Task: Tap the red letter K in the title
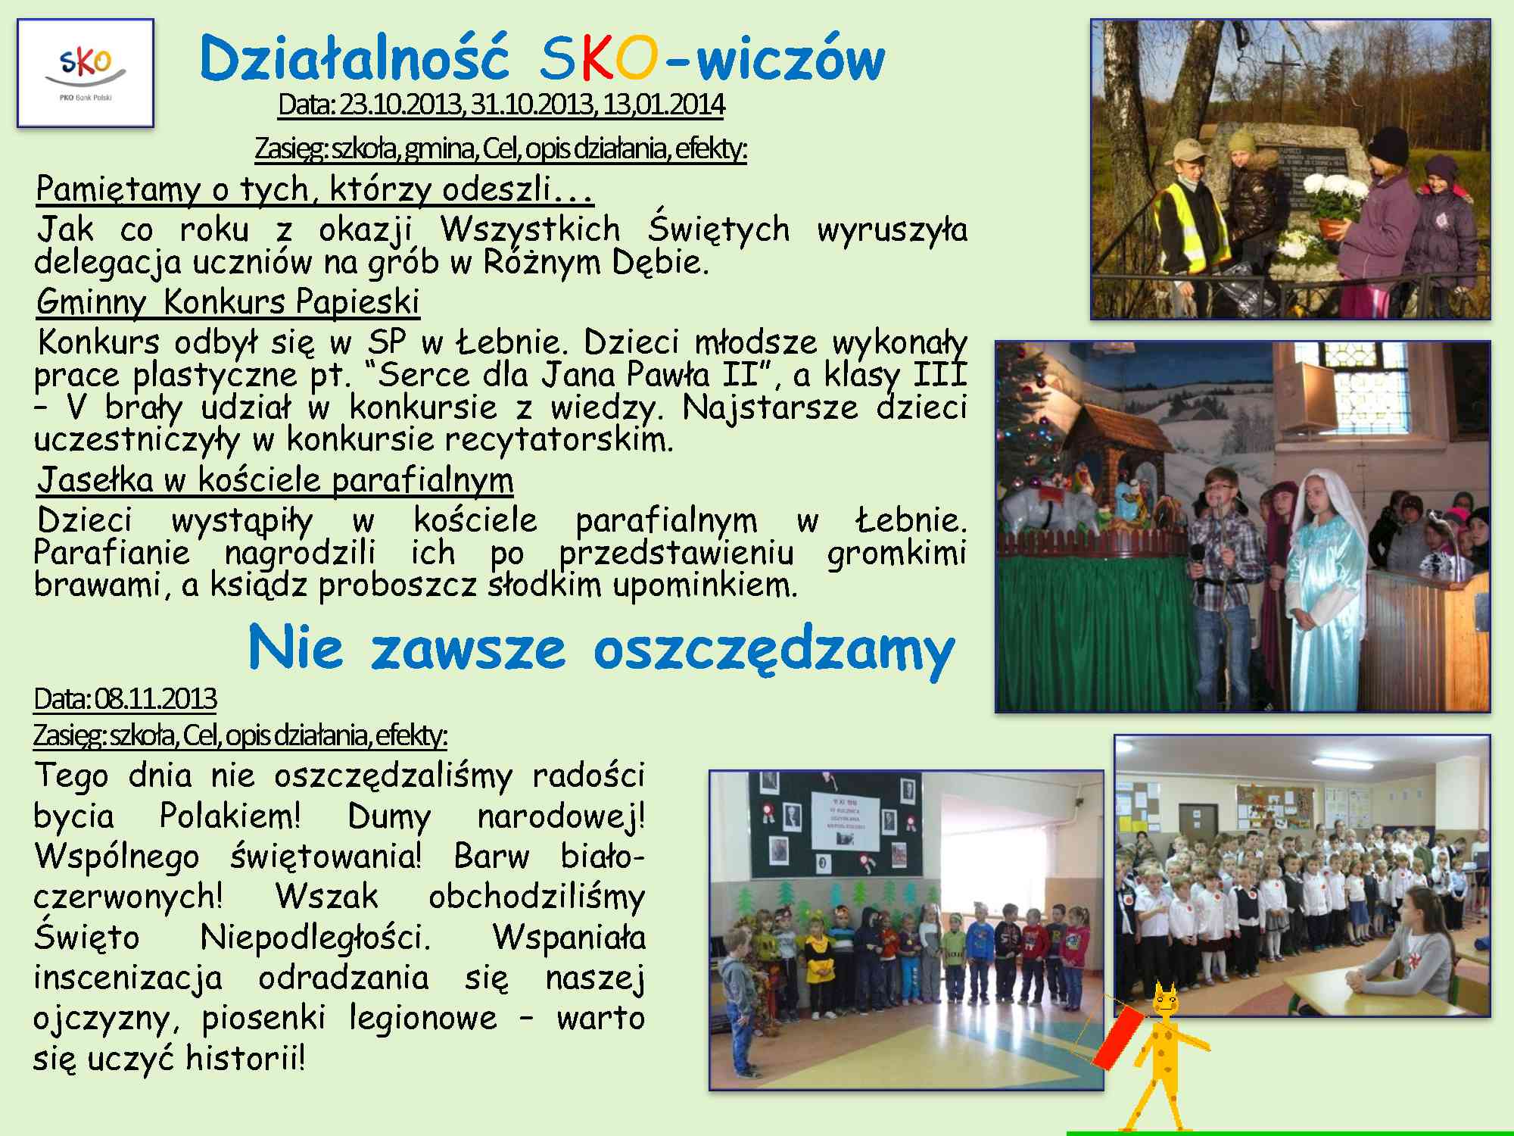(597, 59)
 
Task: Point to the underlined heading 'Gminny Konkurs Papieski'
(228, 301)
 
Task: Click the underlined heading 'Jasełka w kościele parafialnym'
(276, 479)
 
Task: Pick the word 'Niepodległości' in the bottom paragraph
(315, 938)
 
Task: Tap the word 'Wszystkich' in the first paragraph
(530, 229)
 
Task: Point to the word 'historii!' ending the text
(245, 1057)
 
